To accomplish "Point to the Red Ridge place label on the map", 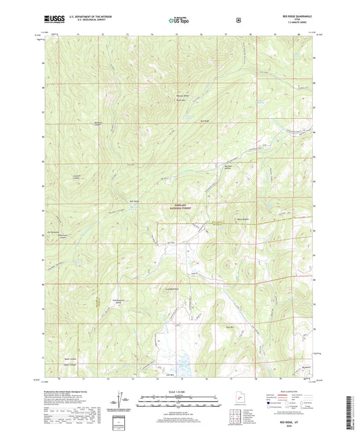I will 205,122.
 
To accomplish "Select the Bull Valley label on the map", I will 134,201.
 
